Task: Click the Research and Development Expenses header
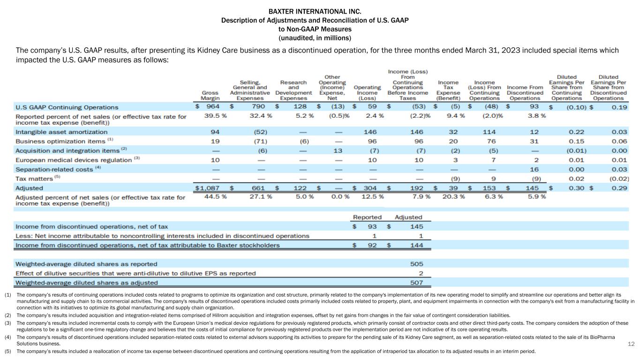click(294, 90)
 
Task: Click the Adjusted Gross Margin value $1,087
click(210, 187)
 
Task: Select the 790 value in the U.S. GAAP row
click(258, 107)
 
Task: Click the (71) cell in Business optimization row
click(258, 142)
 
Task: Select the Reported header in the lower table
click(367, 217)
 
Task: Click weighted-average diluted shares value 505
click(416, 264)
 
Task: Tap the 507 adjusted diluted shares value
click(416, 282)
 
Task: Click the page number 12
click(631, 344)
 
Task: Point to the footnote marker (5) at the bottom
click(8, 352)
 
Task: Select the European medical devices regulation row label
click(74, 160)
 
